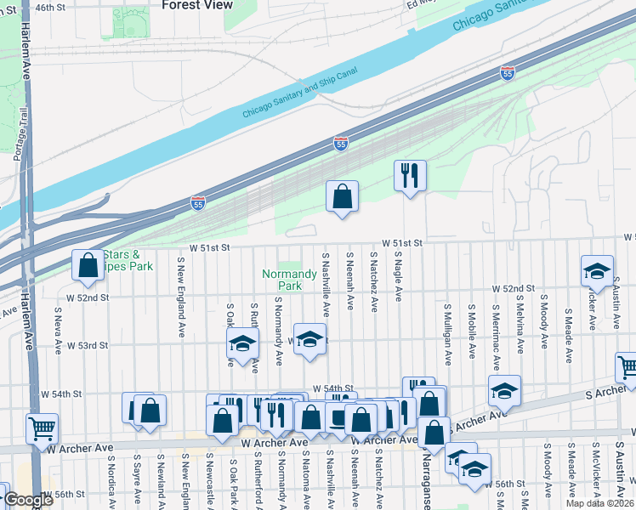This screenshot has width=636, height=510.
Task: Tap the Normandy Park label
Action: (282, 280)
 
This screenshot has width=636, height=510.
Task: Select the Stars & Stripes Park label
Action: (128, 260)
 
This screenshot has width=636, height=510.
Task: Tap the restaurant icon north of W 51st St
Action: (410, 176)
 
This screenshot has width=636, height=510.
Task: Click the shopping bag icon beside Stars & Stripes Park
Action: (88, 265)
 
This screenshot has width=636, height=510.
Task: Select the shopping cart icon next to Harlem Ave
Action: (42, 428)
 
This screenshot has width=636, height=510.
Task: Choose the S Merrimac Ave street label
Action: (497, 339)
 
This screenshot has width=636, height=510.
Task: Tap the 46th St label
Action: (51, 7)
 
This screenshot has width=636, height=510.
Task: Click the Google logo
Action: (29, 500)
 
